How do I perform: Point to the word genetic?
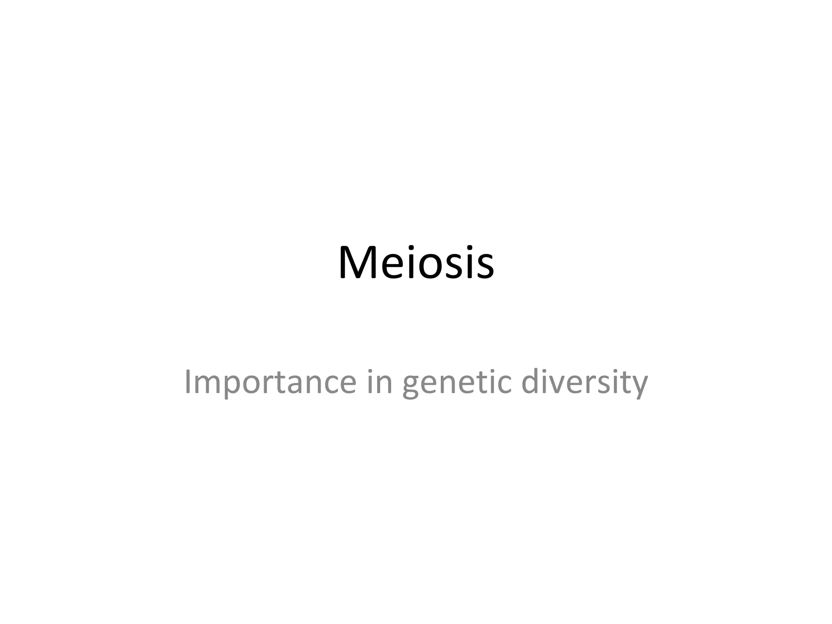coord(457,383)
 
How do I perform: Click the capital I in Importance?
coord(188,381)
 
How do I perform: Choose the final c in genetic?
coord(504,385)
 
